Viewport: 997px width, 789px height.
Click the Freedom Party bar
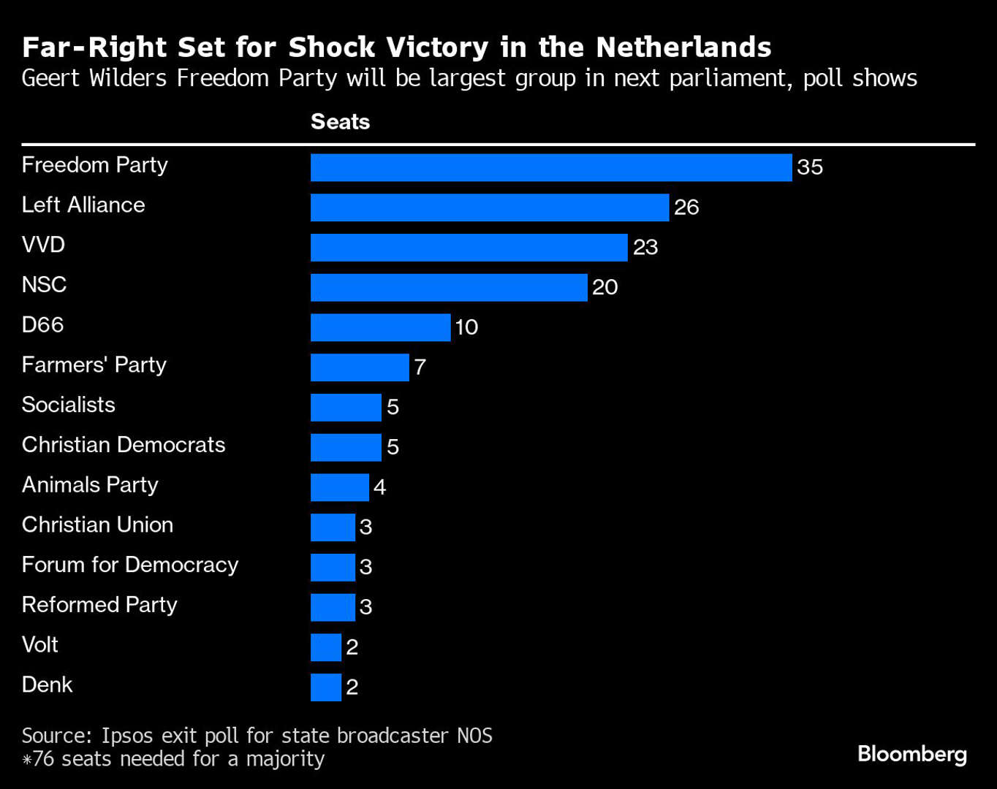click(551, 167)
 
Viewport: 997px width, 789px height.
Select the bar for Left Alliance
click(490, 207)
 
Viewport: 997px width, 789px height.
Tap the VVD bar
click(469, 248)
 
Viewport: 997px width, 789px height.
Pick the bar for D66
click(380, 327)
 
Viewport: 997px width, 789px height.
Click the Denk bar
click(326, 687)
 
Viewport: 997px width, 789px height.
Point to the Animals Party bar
click(340, 487)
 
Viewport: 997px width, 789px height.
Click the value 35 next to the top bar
click(810, 167)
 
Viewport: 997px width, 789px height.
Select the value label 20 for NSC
click(605, 287)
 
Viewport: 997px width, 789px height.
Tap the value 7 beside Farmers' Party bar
click(420, 367)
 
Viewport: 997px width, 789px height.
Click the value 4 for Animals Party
click(379, 487)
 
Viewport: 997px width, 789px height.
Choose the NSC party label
click(45, 284)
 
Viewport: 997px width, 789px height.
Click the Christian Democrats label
click(124, 445)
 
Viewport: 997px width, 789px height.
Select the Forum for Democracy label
click(130, 565)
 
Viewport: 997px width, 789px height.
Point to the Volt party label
click(40, 644)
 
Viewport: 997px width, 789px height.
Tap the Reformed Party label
click(99, 605)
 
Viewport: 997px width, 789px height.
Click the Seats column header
click(340, 121)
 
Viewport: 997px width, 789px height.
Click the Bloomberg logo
click(912, 755)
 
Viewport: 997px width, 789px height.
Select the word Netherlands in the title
click(683, 47)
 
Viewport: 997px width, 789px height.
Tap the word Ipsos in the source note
click(129, 736)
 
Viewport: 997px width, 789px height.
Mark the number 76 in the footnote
click(44, 759)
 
